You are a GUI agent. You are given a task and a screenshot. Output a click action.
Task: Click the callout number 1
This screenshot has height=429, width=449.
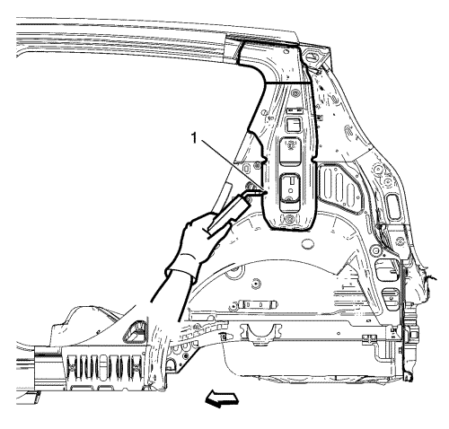[195, 138]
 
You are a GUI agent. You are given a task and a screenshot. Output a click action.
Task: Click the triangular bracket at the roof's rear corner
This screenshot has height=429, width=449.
[313, 57]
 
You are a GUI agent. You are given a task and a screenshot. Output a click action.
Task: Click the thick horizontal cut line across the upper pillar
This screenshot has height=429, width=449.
[288, 82]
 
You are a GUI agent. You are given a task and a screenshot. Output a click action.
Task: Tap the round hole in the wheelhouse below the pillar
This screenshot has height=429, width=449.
[307, 243]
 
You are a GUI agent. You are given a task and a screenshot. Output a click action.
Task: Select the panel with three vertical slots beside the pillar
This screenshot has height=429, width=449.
[339, 188]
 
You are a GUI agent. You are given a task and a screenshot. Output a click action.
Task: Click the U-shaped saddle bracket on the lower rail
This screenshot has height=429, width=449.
[261, 334]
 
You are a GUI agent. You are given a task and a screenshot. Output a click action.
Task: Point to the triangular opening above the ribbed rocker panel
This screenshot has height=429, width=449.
[136, 331]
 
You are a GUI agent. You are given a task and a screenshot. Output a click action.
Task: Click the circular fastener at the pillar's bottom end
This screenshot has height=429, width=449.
[289, 219]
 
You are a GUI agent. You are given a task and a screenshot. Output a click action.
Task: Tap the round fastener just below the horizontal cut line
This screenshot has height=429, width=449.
[295, 92]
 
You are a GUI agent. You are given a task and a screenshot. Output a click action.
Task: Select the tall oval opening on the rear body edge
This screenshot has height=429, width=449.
[393, 206]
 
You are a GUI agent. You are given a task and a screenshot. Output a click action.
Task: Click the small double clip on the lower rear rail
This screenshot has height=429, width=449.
[369, 337]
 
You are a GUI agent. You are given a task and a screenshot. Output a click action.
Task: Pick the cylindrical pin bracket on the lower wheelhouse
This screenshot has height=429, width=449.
[257, 305]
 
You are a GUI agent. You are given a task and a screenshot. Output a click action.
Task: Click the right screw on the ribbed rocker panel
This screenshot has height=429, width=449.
[134, 367]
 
